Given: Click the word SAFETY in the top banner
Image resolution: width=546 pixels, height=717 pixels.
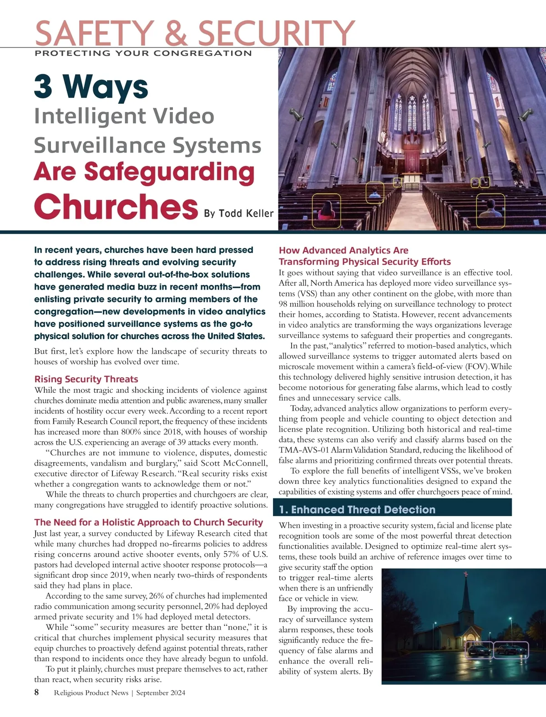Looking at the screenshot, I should pos(94,33).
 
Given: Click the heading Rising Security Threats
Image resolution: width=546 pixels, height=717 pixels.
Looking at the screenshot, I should pos(86,379).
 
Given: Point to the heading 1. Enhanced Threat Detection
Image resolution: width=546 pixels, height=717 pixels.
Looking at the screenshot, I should pos(357,509).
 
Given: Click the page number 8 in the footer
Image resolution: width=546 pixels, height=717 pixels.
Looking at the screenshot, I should pos(36,692).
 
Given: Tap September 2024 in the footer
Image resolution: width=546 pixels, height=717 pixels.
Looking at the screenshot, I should pos(161,693).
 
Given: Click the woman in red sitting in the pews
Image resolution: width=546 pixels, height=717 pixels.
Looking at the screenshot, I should pos(326,211).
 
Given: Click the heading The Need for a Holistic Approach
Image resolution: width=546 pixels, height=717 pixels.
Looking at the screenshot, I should pos(148,522).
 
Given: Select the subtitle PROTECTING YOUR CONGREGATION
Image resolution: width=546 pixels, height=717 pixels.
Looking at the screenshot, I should pos(143,53).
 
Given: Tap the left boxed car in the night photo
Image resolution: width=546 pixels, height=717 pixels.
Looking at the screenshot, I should pos(479,651).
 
